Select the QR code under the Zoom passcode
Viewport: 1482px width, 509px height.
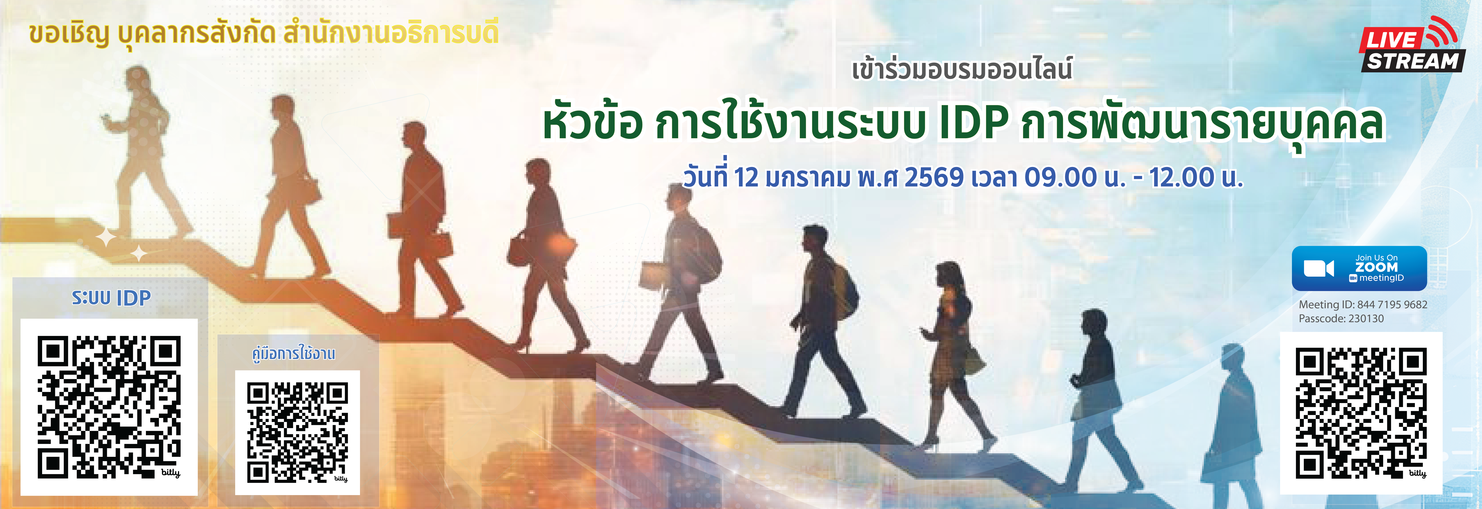pyautogui.click(x=1361, y=413)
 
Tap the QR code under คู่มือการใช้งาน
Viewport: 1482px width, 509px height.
pyautogui.click(x=297, y=432)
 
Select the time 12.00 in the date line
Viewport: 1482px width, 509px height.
pyautogui.click(x=1181, y=177)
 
